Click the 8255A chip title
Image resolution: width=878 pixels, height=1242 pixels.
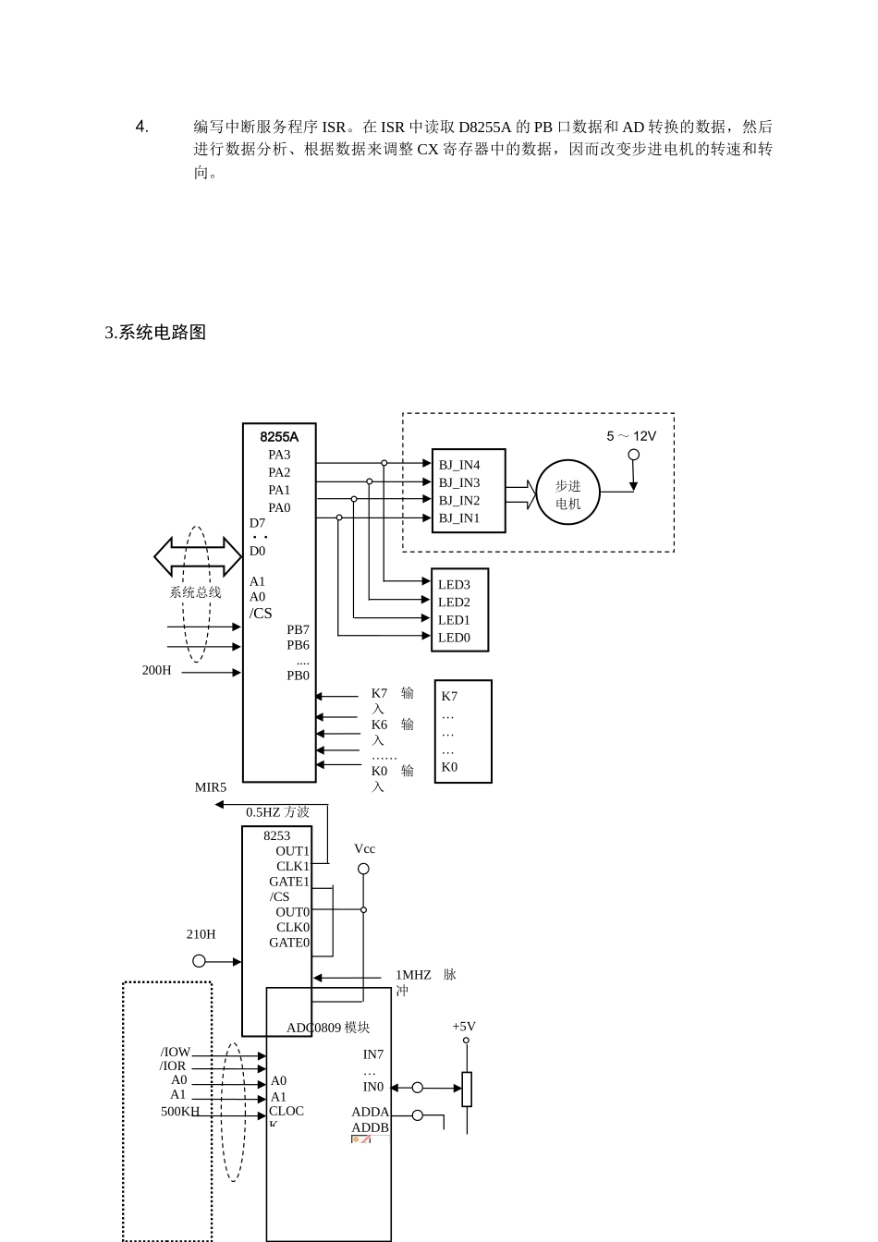coord(279,437)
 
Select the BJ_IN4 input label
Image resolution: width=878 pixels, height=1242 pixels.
coord(458,465)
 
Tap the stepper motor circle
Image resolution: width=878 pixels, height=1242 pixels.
coord(568,493)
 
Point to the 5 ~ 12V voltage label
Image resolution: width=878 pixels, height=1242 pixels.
coord(631,436)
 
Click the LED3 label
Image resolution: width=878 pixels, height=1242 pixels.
coord(454,585)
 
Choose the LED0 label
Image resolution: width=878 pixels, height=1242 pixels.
coord(454,638)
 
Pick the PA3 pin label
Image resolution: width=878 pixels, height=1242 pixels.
coord(279,455)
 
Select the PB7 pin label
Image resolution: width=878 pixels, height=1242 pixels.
coord(298,630)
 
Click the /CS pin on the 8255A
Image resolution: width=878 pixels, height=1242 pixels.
coord(261,614)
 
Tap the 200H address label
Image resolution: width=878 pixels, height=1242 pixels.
coord(157,671)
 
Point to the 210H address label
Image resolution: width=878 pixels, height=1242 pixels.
coord(201,934)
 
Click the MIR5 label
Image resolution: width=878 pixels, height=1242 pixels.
coord(210,788)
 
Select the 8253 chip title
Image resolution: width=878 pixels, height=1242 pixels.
coord(276,836)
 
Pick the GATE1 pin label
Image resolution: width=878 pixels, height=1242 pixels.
coord(289,882)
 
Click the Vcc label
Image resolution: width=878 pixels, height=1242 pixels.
coord(364,849)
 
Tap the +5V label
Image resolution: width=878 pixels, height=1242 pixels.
coord(464,1027)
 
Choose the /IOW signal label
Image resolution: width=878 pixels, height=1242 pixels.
coord(175,1052)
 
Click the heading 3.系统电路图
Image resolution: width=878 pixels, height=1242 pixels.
coord(155,333)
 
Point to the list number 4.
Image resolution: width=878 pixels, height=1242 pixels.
coord(142,127)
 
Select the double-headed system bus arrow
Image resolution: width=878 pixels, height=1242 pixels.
coord(198,557)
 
